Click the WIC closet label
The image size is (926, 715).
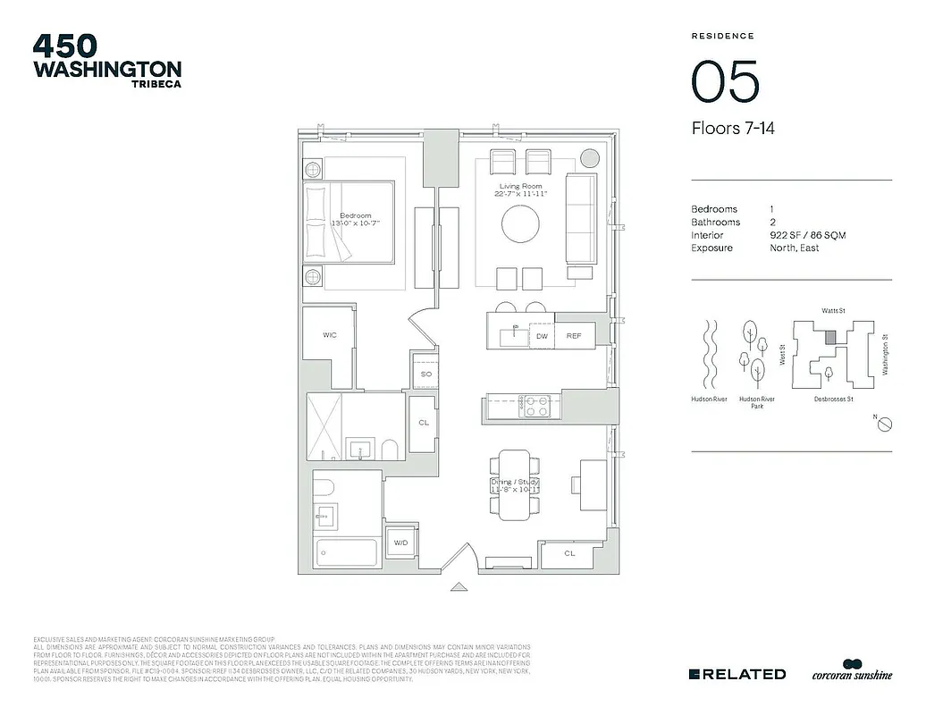pyautogui.click(x=329, y=335)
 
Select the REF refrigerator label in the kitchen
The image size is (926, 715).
pyautogui.click(x=574, y=336)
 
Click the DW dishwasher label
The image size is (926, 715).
pyautogui.click(x=542, y=336)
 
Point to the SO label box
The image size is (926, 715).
pyautogui.click(x=426, y=374)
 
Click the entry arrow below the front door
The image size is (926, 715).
pyautogui.click(x=459, y=587)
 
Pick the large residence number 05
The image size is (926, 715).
pyautogui.click(x=725, y=82)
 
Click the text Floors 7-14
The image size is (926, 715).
pyautogui.click(x=733, y=129)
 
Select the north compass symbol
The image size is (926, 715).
pyautogui.click(x=883, y=425)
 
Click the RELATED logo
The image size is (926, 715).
pyautogui.click(x=737, y=674)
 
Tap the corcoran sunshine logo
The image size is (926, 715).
pyautogui.click(x=851, y=672)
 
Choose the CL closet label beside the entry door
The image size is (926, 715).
pyautogui.click(x=569, y=553)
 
